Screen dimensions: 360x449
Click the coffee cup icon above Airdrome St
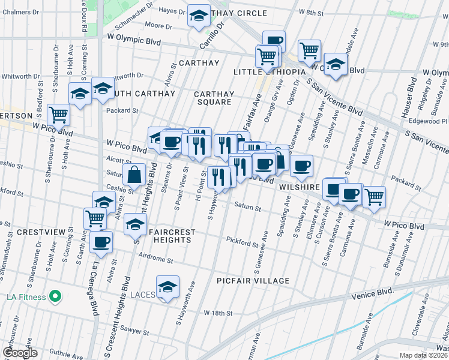point(101,242)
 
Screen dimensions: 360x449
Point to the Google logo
point(20,353)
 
